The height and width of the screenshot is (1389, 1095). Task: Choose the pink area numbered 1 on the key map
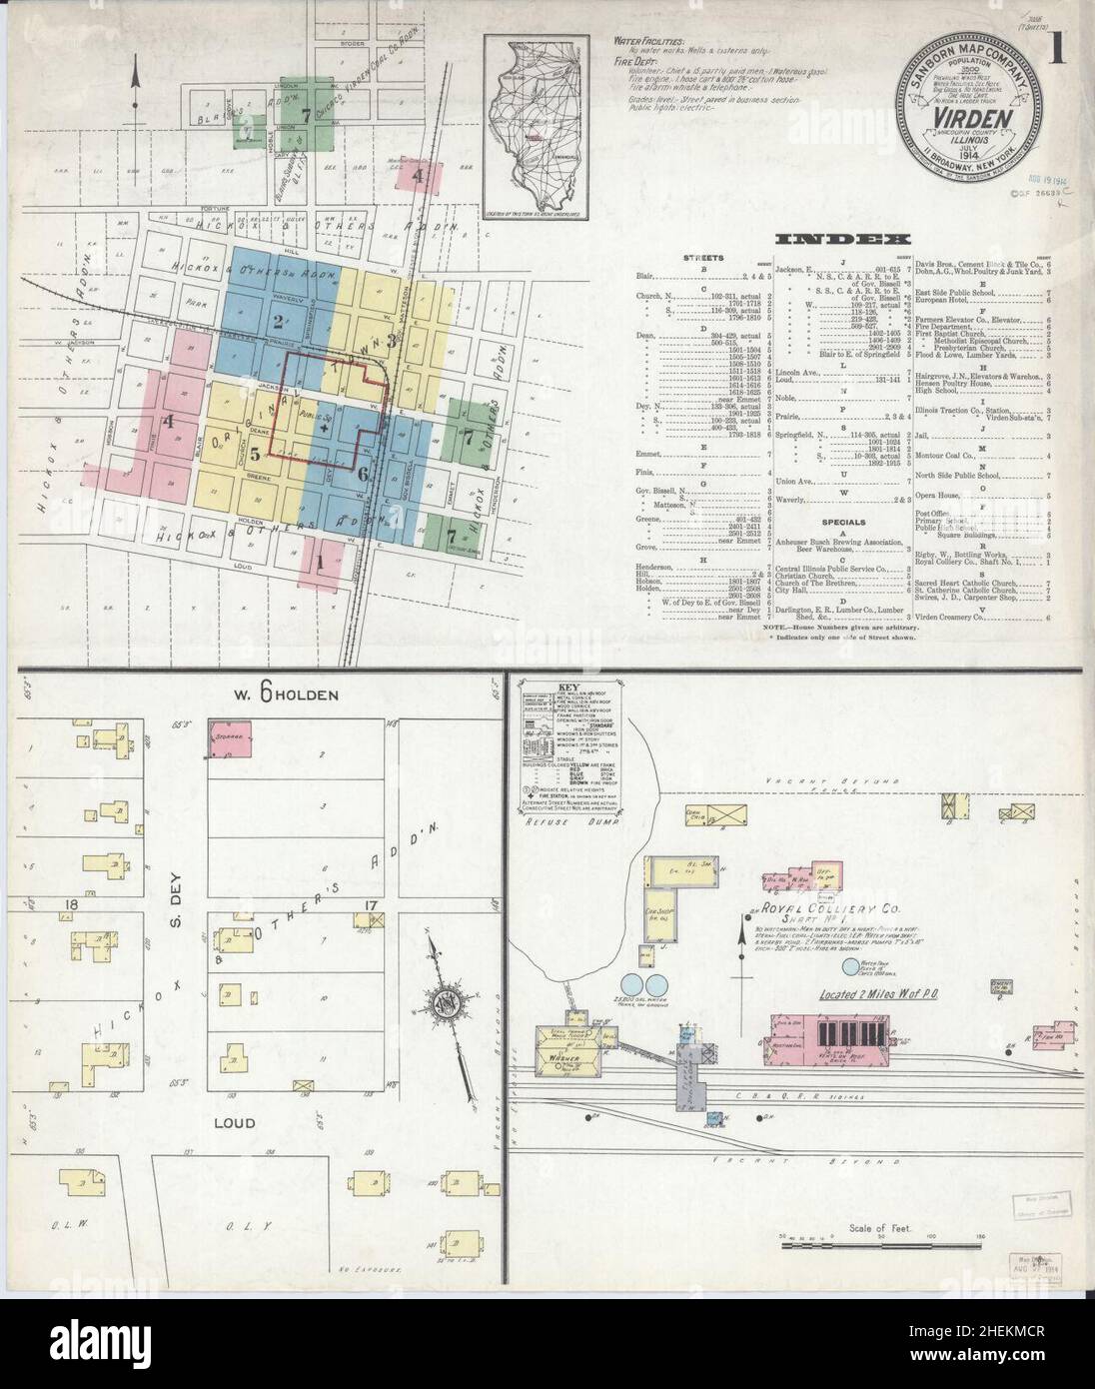[321, 562]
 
